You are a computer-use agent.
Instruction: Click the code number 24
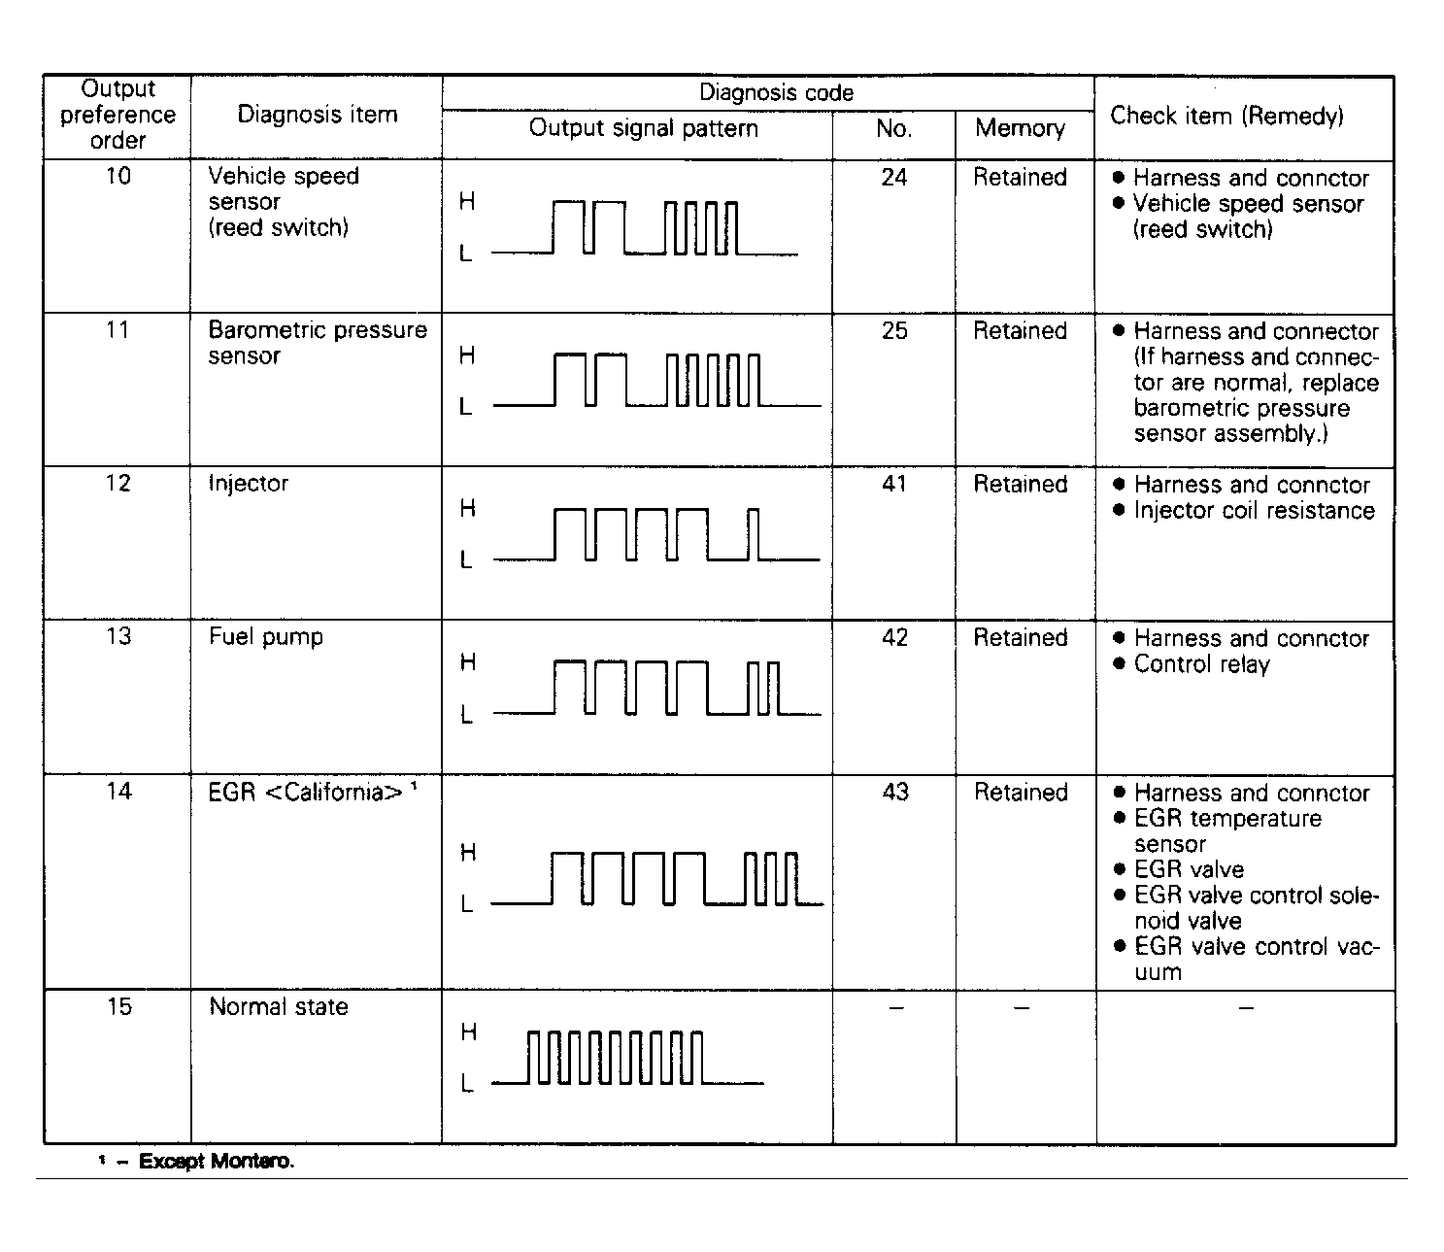893,177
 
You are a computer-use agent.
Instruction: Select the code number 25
893,330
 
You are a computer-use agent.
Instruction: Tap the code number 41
893,484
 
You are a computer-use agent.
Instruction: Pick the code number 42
893,637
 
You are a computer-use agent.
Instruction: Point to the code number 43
893,792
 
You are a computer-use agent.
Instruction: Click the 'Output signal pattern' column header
643,128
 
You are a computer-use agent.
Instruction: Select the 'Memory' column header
1020,128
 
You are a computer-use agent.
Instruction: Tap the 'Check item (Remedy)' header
1226,116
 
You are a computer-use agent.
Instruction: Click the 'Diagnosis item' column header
318,115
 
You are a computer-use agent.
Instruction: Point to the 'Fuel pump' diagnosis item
265,637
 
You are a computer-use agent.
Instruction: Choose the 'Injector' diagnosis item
248,484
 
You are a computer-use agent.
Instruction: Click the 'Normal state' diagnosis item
278,1006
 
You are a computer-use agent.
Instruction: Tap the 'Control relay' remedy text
1201,664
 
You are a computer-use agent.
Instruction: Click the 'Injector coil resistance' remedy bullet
1254,511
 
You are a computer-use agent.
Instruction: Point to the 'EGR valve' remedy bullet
1189,869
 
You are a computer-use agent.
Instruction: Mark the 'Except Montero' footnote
216,1161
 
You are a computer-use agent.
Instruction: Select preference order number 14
118,792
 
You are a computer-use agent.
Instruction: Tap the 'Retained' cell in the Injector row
1020,484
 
